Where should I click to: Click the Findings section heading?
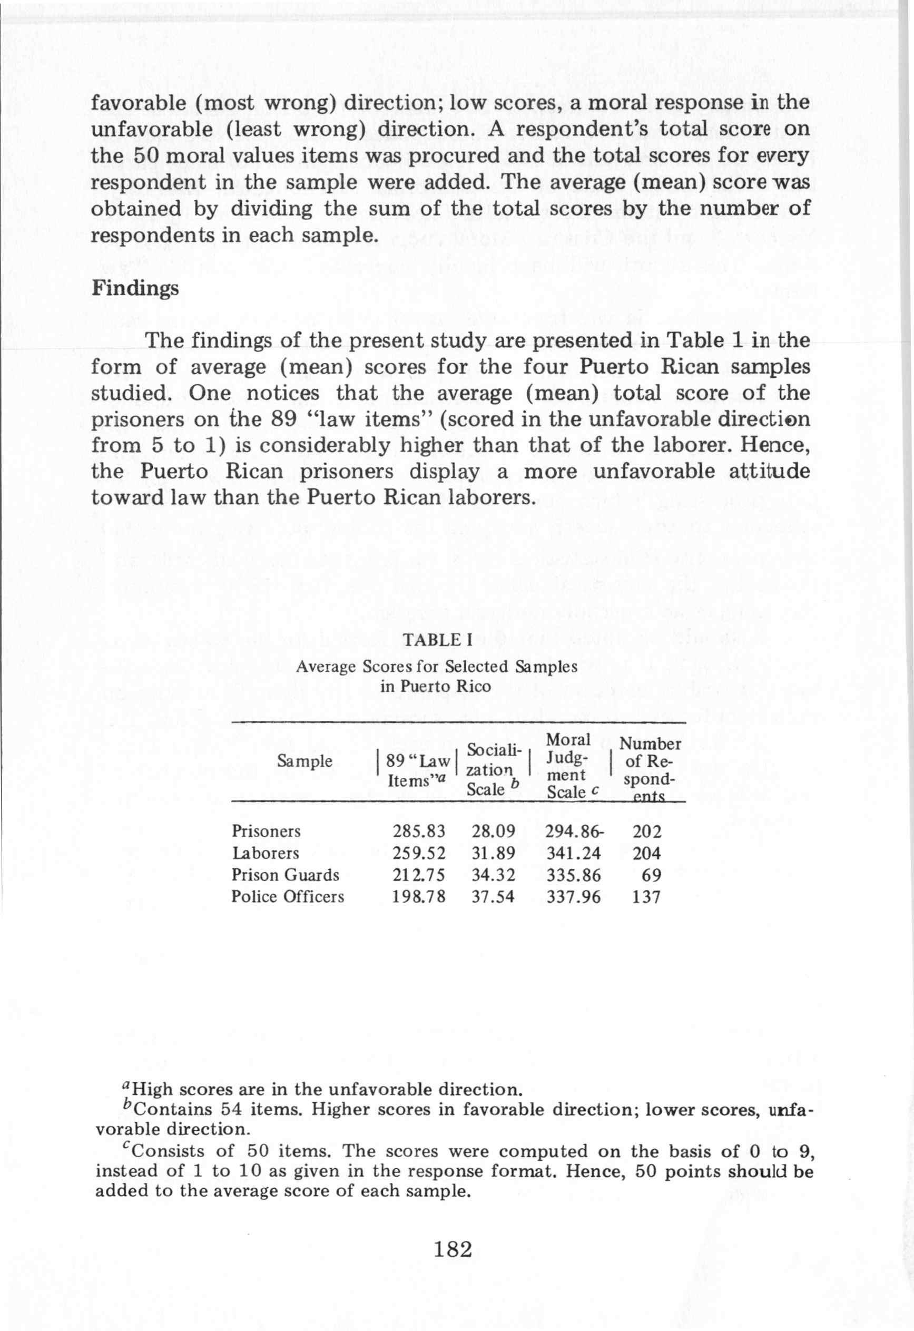pos(135,288)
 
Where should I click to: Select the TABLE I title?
pos(438,640)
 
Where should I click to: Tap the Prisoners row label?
pos(266,831)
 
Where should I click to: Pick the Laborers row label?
pos(265,854)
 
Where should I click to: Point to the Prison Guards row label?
pos(285,875)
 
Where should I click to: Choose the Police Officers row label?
pos(288,897)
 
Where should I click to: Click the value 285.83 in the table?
pos(419,831)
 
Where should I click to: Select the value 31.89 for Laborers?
pos(493,854)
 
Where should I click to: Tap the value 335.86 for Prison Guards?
pos(573,875)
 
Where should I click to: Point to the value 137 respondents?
pos(646,897)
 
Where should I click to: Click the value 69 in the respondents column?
pos(651,875)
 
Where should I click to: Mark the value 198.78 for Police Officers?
pos(419,897)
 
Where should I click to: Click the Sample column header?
pos(304,761)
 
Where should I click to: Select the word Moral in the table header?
pos(568,740)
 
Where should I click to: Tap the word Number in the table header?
pos(650,744)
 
